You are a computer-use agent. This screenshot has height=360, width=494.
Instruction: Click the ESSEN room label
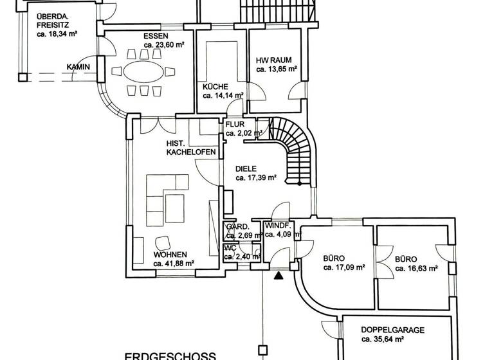click(x=156, y=36)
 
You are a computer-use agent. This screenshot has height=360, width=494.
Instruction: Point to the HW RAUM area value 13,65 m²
click(x=277, y=69)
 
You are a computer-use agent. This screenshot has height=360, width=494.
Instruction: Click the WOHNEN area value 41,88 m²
click(x=174, y=263)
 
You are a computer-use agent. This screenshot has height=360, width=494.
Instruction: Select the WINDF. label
click(x=279, y=226)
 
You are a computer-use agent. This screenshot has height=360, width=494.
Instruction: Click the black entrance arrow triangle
click(x=278, y=276)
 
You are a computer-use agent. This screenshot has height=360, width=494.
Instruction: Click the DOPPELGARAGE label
click(x=392, y=329)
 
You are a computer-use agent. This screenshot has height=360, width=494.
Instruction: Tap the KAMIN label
click(x=78, y=67)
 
